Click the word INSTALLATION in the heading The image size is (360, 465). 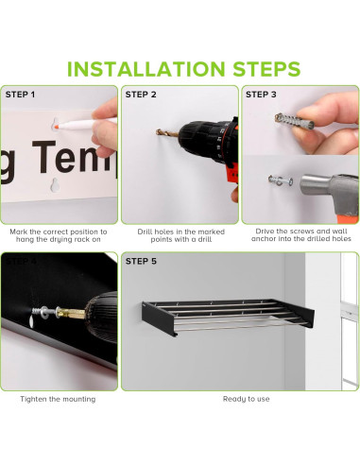coord(146,69)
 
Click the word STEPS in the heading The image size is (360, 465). coord(266,69)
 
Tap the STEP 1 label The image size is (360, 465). coord(20,95)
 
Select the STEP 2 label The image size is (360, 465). coord(141,95)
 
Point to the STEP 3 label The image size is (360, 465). coord(261,95)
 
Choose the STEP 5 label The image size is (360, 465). coord(141,261)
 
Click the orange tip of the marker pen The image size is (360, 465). coord(57,127)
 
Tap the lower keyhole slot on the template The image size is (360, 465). coord(55,185)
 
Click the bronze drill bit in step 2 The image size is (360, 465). coord(167,133)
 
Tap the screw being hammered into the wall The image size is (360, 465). coord(281,181)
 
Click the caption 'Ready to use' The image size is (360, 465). coord(247,399)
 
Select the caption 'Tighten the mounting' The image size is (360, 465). coord(58,399)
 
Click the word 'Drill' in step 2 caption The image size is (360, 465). coord(144,232)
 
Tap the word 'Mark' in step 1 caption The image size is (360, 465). coord(19,232)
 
